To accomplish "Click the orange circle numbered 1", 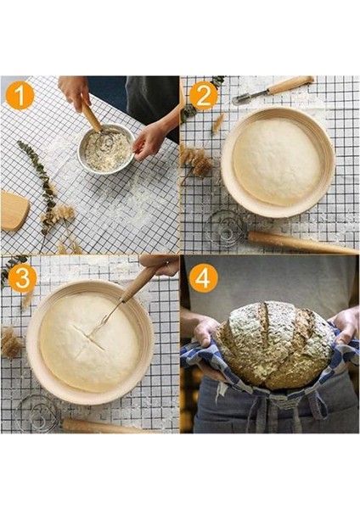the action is pos(20,96).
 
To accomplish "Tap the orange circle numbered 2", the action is pos(204,96).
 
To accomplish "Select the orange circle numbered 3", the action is pos(22,278).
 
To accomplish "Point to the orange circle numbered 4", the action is pos(204,278).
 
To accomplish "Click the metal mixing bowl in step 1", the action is pos(105,150).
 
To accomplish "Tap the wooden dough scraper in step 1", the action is pos(14,210).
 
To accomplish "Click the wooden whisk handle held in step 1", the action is pos(92,116).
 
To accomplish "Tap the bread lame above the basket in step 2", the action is pos(273,90).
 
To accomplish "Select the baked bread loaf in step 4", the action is pos(273,345).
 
